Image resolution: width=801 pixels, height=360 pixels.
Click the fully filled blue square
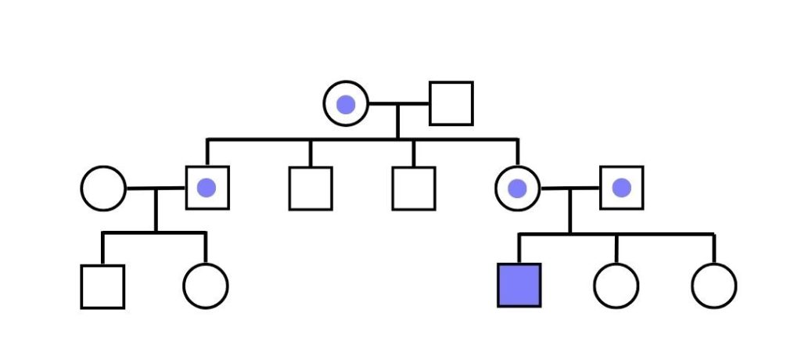(519, 285)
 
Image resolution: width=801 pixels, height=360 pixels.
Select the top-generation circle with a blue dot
(346, 104)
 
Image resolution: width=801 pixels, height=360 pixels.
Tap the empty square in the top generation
(451, 103)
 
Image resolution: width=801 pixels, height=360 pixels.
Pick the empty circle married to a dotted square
(102, 189)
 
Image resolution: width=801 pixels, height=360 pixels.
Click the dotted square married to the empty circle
(207, 188)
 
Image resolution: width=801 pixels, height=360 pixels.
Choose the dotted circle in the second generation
(517, 189)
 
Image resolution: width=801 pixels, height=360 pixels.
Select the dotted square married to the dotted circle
(622, 188)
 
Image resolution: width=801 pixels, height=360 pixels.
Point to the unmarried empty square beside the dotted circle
(414, 189)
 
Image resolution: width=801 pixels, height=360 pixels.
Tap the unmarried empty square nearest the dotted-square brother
(311, 189)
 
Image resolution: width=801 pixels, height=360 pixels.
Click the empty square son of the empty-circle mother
(102, 286)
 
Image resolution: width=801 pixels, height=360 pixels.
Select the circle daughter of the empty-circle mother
(206, 286)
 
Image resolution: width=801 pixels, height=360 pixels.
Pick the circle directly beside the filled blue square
(616, 286)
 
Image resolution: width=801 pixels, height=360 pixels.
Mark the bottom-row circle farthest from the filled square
(713, 286)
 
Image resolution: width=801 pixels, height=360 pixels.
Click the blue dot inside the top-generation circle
(346, 104)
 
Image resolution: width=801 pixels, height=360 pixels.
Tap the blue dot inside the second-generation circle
(517, 189)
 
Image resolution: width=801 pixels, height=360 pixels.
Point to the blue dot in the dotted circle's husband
(622, 188)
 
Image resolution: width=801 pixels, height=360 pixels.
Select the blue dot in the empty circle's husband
(207, 188)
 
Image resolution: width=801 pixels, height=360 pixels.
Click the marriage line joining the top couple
(398, 103)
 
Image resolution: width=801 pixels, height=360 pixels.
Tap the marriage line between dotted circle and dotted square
(569, 189)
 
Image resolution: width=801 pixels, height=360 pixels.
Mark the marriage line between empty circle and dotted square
(156, 189)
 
